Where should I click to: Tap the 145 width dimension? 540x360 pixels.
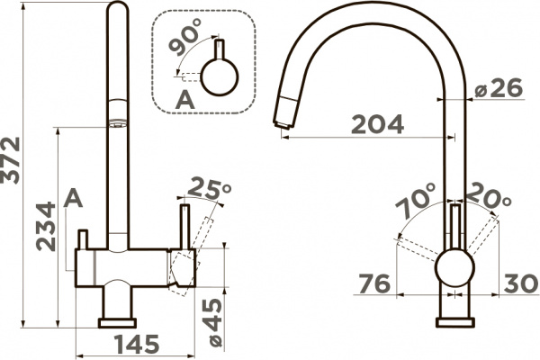[134, 344]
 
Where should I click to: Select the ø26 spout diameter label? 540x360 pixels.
[495, 89]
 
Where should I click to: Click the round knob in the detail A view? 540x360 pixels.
[218, 76]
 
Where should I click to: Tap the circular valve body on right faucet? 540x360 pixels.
[453, 268]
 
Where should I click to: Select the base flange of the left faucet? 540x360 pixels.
[117, 321]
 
